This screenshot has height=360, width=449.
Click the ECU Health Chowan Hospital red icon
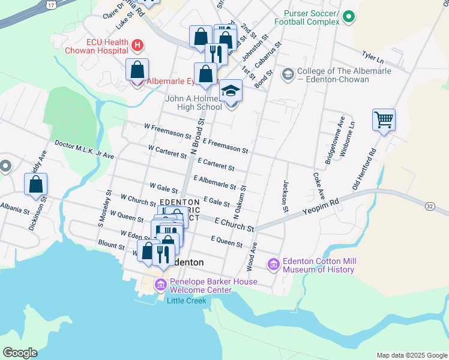(x=137, y=45)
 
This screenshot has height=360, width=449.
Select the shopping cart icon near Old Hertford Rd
(x=384, y=119)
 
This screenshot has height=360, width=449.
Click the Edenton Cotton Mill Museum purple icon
(x=274, y=264)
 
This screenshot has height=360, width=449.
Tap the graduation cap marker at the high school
(x=231, y=91)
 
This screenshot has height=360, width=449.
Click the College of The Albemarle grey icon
(x=288, y=74)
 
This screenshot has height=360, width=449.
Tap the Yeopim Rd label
(x=321, y=207)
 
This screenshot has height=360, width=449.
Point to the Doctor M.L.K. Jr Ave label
(x=84, y=149)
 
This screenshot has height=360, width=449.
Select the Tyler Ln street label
(x=372, y=57)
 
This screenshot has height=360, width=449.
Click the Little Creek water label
(x=186, y=301)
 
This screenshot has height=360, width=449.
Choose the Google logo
(x=20, y=353)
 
